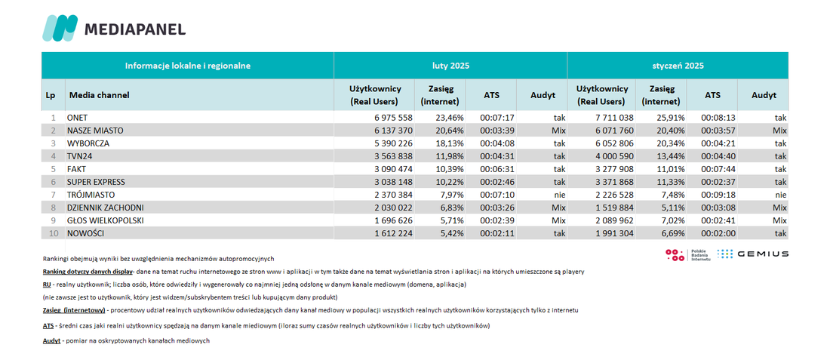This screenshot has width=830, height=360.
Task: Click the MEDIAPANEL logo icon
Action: click(x=60, y=28)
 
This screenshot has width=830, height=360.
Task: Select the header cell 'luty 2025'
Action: click(x=450, y=66)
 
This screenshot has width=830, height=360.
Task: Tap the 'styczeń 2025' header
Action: click(x=678, y=66)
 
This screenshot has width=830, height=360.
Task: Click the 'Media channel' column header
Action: click(x=100, y=95)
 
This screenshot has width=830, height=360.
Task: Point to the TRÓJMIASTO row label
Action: click(x=91, y=195)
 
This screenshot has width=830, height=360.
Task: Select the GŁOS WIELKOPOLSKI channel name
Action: click(x=106, y=221)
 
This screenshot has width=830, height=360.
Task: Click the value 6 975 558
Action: click(x=393, y=117)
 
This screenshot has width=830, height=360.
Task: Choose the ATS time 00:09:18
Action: click(x=718, y=195)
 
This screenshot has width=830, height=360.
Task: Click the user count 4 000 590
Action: click(x=614, y=156)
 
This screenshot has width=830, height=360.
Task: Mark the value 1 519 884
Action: click(x=614, y=208)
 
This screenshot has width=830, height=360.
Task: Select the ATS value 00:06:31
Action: click(x=496, y=169)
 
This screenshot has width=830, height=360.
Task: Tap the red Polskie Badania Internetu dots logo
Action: click(x=675, y=254)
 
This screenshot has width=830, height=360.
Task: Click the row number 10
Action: click(x=53, y=234)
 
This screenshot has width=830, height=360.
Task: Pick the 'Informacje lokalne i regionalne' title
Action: click(x=187, y=66)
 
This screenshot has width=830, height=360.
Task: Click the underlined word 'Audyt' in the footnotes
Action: click(x=51, y=341)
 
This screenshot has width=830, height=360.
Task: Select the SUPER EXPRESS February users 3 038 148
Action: click(x=393, y=182)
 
